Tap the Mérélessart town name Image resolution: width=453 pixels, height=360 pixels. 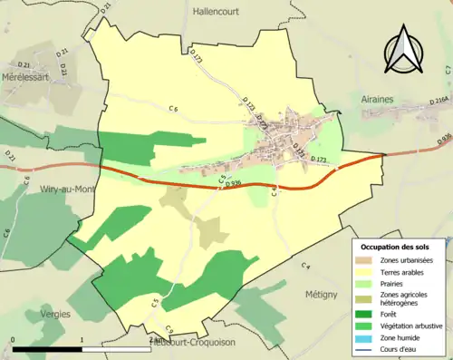(x=29, y=79)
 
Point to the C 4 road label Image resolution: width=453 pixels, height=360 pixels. (x=306, y=266)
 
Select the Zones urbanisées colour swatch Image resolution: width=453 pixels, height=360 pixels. (x=366, y=260)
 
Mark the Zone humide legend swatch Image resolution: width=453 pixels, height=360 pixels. (x=366, y=337)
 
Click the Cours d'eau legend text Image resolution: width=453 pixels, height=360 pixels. (x=403, y=348)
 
